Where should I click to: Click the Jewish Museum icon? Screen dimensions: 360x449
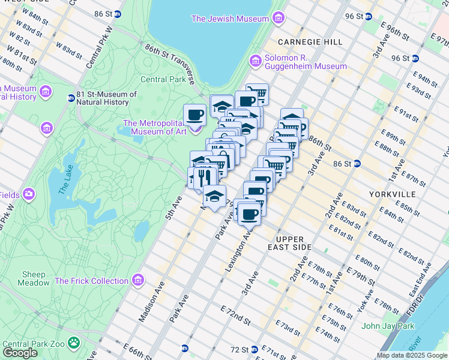click(277, 19)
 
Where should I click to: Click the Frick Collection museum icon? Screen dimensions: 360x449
click(139, 280)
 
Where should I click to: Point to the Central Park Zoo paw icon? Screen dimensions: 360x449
click(74, 343)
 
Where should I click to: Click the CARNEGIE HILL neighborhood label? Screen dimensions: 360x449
click(310, 42)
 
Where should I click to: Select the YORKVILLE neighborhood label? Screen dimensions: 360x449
click(393, 194)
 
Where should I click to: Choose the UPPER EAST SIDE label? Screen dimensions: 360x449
click(290, 243)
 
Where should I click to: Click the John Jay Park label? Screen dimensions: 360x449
click(388, 326)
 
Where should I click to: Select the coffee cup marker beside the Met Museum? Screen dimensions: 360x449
click(194, 114)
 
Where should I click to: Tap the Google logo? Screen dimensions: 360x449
click(20, 352)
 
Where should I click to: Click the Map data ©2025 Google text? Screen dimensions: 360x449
click(412, 355)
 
